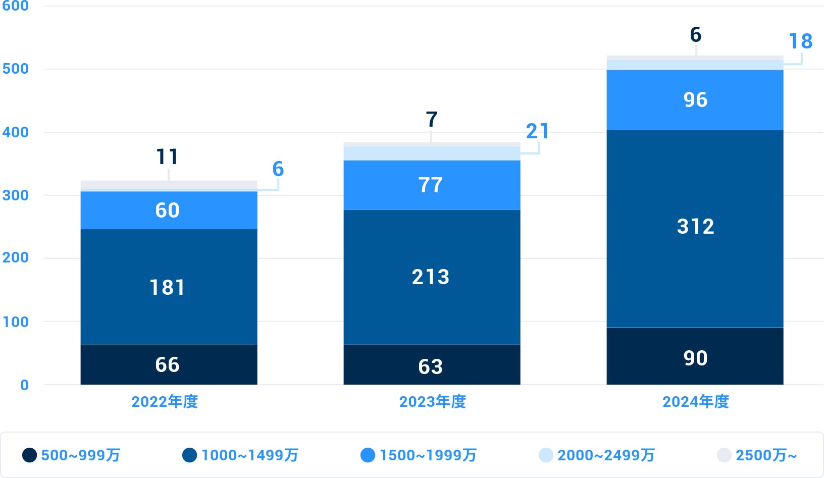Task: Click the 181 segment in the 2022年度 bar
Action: click(x=169, y=287)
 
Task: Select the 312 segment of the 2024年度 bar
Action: click(x=695, y=227)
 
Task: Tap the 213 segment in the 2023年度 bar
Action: click(x=432, y=277)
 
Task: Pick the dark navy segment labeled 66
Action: click(x=169, y=364)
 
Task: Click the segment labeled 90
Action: click(x=695, y=357)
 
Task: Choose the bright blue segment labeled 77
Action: click(x=432, y=185)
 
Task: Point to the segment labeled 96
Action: click(x=695, y=100)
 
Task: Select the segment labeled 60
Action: click(x=169, y=210)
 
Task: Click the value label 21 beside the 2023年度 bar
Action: click(x=537, y=131)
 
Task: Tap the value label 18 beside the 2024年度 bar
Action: click(x=800, y=41)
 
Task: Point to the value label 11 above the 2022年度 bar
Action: click(x=167, y=157)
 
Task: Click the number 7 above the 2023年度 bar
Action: click(x=431, y=120)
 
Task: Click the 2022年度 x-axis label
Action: click(x=165, y=402)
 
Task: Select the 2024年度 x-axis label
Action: click(x=696, y=402)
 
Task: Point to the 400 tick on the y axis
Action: click(x=16, y=132)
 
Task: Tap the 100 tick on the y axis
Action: click(x=16, y=322)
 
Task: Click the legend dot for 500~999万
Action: click(x=30, y=455)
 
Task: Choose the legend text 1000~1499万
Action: click(x=250, y=455)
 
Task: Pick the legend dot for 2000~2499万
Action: click(x=546, y=455)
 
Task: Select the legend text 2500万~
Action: click(x=766, y=455)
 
